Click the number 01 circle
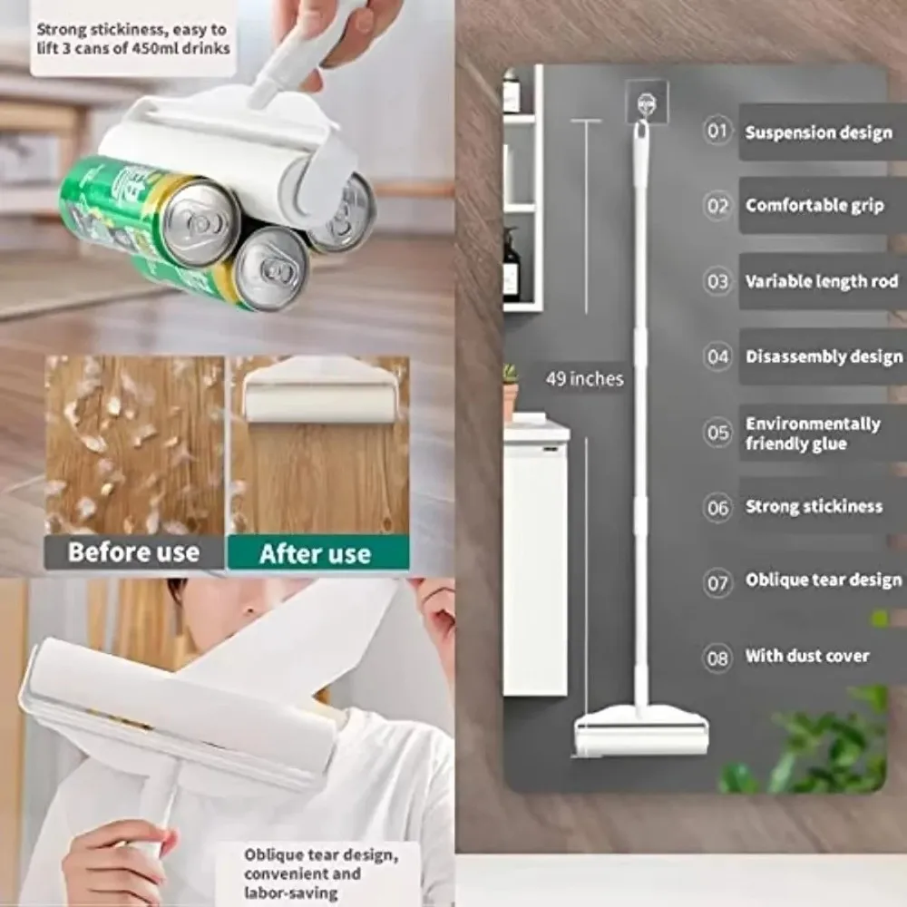(x=717, y=131)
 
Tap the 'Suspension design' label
(x=818, y=132)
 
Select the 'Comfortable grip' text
(x=814, y=205)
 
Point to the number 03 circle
(x=717, y=282)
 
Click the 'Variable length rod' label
(x=822, y=281)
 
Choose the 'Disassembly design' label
(x=824, y=356)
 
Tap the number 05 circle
(x=717, y=432)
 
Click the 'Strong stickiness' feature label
(x=814, y=507)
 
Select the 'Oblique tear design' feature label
(x=824, y=580)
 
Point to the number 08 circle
(x=717, y=658)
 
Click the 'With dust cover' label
(x=807, y=656)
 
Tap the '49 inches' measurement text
(x=585, y=379)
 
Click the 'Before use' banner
(x=133, y=552)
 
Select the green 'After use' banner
(x=318, y=553)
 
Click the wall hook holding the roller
(x=646, y=103)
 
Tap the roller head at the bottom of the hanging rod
(x=641, y=732)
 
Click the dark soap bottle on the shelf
(x=510, y=265)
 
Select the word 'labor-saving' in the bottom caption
(x=290, y=892)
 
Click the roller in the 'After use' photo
(x=319, y=390)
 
